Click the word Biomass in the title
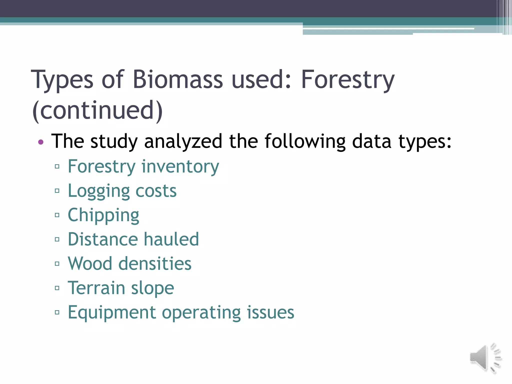point(177,79)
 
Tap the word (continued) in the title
point(97,110)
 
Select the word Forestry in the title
point(347,79)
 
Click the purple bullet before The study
point(41,142)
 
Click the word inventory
point(180,166)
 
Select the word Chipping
point(103,215)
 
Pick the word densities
point(155,263)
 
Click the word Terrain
point(96,288)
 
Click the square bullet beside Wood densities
point(57,264)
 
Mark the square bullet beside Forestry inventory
point(57,166)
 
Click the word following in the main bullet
point(305,141)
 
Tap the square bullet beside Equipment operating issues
point(57,312)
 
